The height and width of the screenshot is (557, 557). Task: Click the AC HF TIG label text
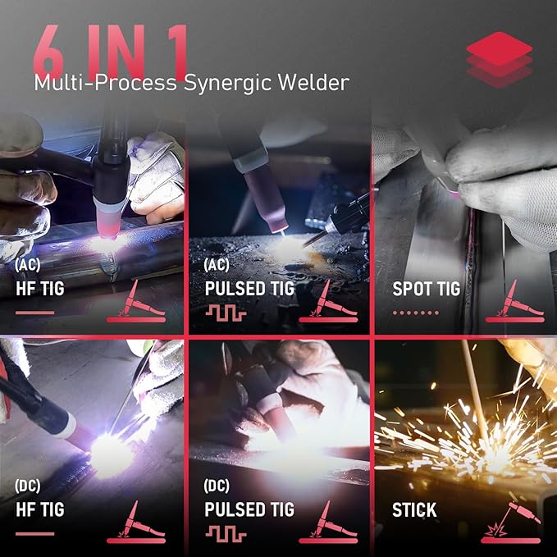[x=41, y=290]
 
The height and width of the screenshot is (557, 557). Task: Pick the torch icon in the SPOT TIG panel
[x=513, y=301]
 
